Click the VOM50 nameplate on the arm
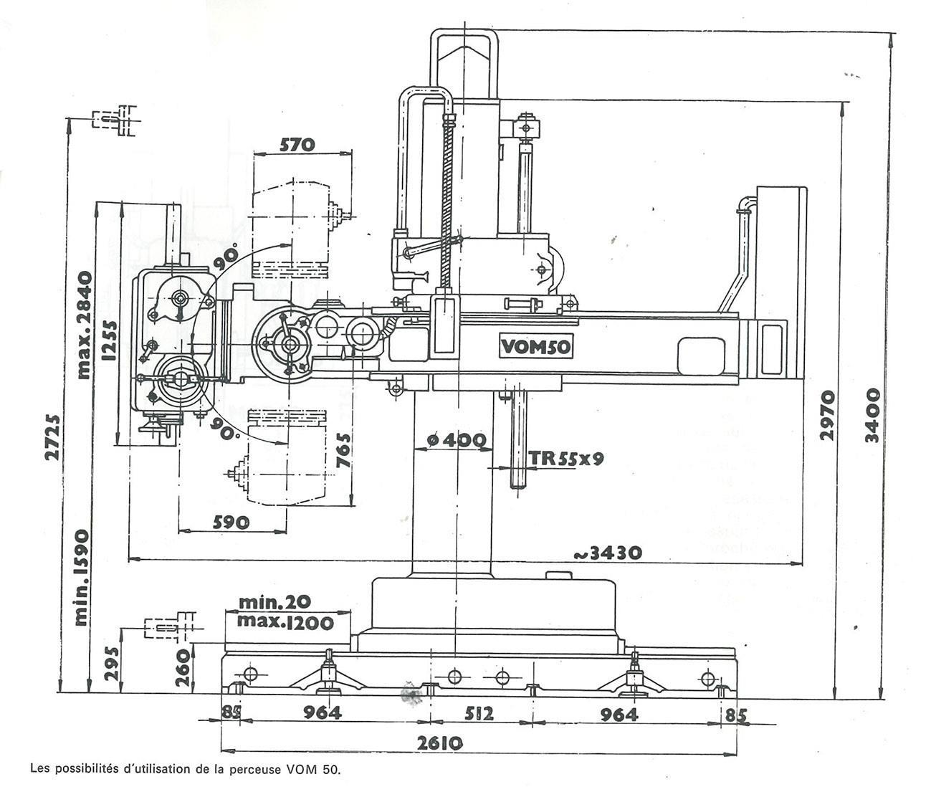point(535,347)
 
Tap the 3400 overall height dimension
point(872,416)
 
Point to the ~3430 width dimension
point(606,553)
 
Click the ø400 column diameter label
point(454,440)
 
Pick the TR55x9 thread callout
point(565,459)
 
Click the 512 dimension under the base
point(479,714)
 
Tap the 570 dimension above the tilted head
point(297,145)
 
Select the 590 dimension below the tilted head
point(230,522)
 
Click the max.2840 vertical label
point(84,325)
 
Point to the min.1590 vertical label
point(80,577)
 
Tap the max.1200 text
point(285,622)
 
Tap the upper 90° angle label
point(230,257)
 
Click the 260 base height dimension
point(183,667)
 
